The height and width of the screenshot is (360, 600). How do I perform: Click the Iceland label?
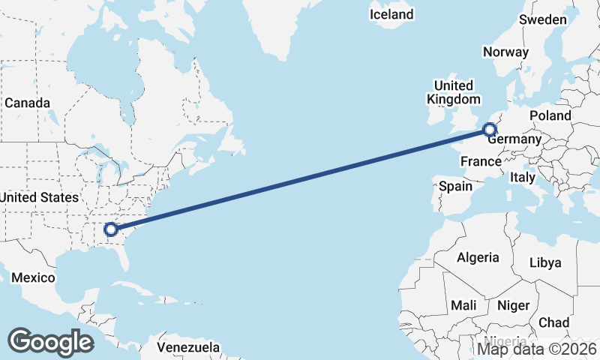[x=391, y=14]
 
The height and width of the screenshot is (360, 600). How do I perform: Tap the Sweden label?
[x=543, y=19]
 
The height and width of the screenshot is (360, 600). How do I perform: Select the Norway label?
[x=505, y=52]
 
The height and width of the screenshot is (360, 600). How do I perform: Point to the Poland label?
[x=550, y=115]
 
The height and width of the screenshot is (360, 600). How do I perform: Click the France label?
[x=480, y=161]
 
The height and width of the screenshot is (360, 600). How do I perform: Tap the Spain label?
[x=455, y=186]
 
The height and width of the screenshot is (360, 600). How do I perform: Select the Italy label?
[x=522, y=178]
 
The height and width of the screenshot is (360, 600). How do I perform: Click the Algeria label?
[x=478, y=257]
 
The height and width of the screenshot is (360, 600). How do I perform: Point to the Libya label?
[x=545, y=262]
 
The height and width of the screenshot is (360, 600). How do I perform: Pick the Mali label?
[x=463, y=305]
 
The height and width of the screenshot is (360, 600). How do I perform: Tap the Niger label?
[x=513, y=305]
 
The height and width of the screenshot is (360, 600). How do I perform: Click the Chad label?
[x=553, y=322]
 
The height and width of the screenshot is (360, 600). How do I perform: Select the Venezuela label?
[x=188, y=347]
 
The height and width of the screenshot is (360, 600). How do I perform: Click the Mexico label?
[x=33, y=277]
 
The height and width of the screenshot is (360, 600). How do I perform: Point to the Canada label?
[x=27, y=103]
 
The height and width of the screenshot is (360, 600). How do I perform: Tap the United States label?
[x=39, y=197]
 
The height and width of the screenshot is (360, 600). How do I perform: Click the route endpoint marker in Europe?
[x=489, y=130]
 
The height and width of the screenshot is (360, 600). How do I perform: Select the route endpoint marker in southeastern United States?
[x=111, y=229]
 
